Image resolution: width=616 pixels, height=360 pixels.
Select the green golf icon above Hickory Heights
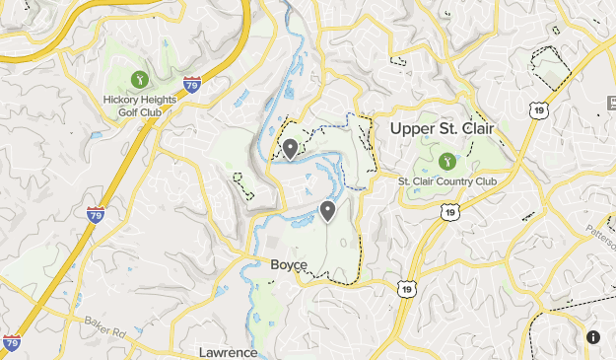(x=138, y=78)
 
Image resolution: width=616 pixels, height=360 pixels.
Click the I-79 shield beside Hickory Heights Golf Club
(x=192, y=85)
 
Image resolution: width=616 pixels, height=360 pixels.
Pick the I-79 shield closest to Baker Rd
(x=12, y=342)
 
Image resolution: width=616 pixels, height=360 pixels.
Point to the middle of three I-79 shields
(x=96, y=213)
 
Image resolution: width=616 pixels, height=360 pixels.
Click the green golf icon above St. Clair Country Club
(x=446, y=159)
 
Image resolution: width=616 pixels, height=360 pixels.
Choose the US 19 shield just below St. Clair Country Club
(x=449, y=212)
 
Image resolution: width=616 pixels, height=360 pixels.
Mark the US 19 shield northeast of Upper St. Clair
(x=538, y=111)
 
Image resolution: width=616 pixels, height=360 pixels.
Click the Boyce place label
(x=289, y=264)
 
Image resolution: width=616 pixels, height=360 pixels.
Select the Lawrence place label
(x=228, y=352)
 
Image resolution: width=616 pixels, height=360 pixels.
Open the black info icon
(x=593, y=336)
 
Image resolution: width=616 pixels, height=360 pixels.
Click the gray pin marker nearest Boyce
(x=327, y=210)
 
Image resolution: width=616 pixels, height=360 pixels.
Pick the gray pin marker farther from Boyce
(x=291, y=148)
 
